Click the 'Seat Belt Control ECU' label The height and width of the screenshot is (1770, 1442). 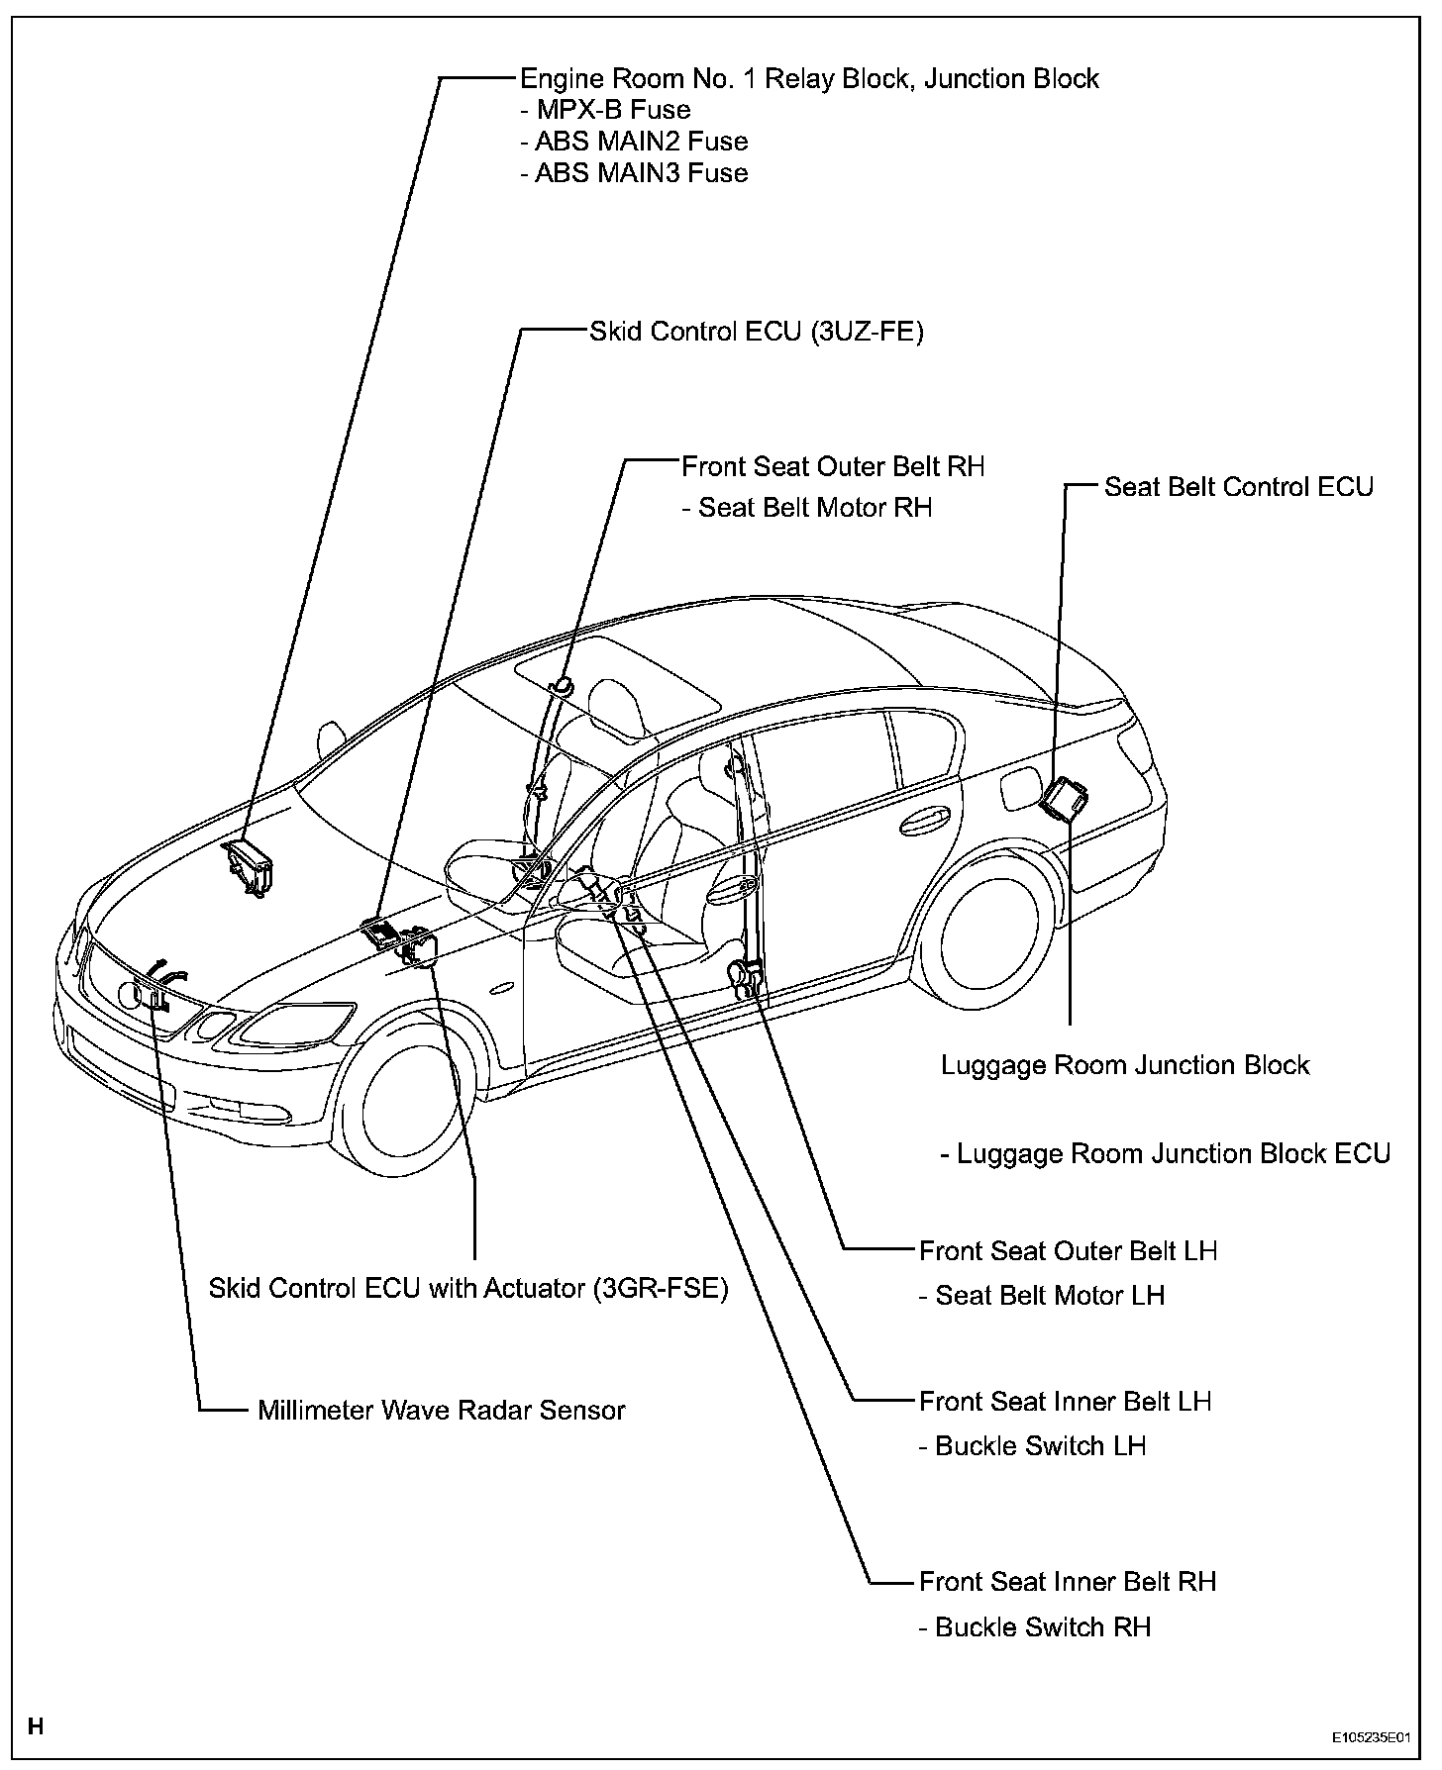point(1238,487)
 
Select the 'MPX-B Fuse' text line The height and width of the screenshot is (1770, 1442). point(604,110)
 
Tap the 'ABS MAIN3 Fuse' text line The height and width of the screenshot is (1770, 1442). point(633,173)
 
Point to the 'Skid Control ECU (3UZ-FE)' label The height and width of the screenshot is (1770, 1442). point(756,332)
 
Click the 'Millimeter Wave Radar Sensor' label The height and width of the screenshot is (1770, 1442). point(441,1410)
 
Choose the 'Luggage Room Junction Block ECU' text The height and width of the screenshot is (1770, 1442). point(1165,1154)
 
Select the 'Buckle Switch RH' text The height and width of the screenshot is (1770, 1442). point(1034,1627)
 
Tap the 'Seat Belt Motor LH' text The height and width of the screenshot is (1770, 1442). point(1041,1295)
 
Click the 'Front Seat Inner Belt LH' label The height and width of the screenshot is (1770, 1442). point(1066,1402)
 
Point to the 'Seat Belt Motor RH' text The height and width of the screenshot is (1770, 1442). point(806,508)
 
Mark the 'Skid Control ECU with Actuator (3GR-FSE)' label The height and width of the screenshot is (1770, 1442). point(468,1289)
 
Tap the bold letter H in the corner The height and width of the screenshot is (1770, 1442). point(36,1727)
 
